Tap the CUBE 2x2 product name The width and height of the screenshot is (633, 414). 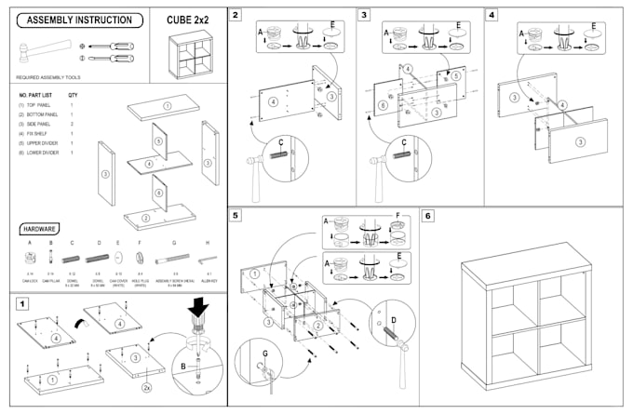coord(186,19)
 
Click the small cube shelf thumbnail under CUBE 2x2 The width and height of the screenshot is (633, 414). coord(186,55)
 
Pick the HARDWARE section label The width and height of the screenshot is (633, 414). coord(42,228)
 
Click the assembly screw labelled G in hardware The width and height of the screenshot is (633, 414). coord(173,260)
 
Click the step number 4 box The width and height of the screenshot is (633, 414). coord(492,15)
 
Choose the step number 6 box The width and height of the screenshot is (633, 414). coord(428,215)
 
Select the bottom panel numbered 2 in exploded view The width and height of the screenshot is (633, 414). coord(149,220)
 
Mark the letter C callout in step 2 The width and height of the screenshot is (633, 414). coord(278,141)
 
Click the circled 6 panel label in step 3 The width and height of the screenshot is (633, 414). coord(382,106)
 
